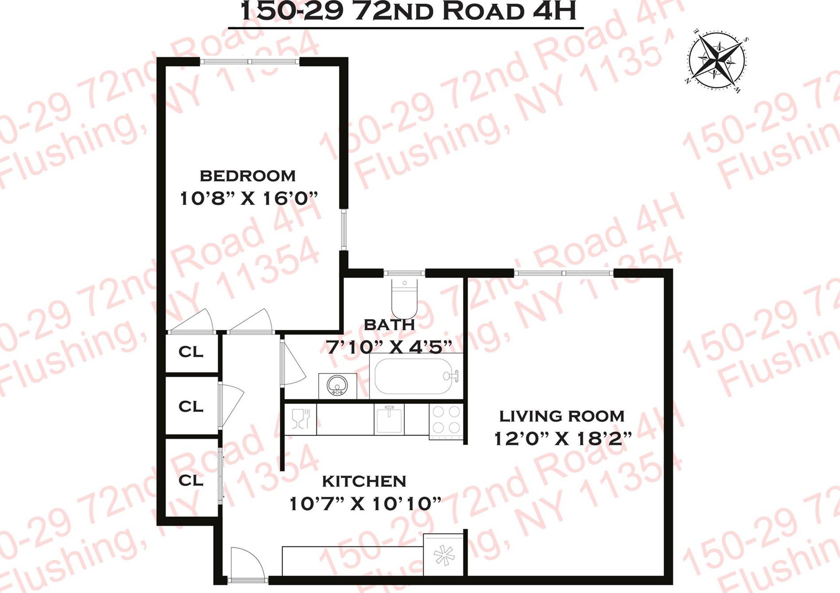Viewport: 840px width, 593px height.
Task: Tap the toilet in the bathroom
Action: click(x=404, y=296)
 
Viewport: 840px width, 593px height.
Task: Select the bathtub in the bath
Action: click(x=414, y=376)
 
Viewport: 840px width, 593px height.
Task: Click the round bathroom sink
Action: click(x=337, y=386)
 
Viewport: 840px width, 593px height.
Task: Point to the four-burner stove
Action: click(x=446, y=419)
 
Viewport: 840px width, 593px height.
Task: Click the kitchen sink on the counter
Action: click(x=389, y=419)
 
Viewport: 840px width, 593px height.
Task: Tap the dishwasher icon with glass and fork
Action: click(x=301, y=419)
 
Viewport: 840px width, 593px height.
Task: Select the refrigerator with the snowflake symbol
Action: click(x=443, y=555)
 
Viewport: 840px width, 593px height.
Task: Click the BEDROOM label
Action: click(x=248, y=176)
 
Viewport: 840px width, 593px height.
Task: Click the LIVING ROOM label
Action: click(x=562, y=416)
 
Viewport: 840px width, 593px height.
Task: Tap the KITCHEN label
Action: click(x=364, y=481)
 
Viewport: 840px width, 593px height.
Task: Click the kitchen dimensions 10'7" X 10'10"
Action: click(x=365, y=504)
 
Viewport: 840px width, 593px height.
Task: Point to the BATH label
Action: click(x=389, y=325)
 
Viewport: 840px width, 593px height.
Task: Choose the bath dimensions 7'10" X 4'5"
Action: click(x=389, y=347)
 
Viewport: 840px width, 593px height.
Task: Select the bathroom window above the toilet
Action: click(x=404, y=273)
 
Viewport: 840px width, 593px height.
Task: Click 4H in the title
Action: click(x=555, y=11)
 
